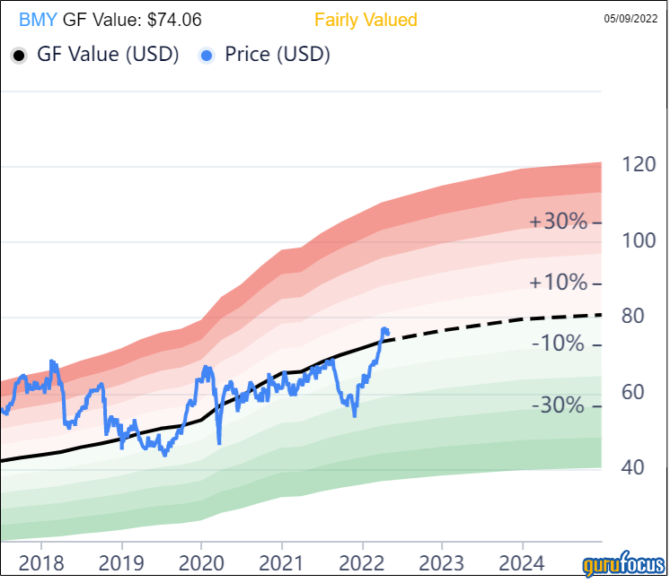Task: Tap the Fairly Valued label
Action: [x=366, y=20]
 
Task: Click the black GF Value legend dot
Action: [x=19, y=56]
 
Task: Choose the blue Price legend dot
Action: [x=207, y=56]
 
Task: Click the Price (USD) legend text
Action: [x=278, y=55]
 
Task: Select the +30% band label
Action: [x=558, y=222]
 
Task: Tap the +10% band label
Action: [x=558, y=283]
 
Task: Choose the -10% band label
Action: [x=559, y=344]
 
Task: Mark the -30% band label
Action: [x=559, y=405]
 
